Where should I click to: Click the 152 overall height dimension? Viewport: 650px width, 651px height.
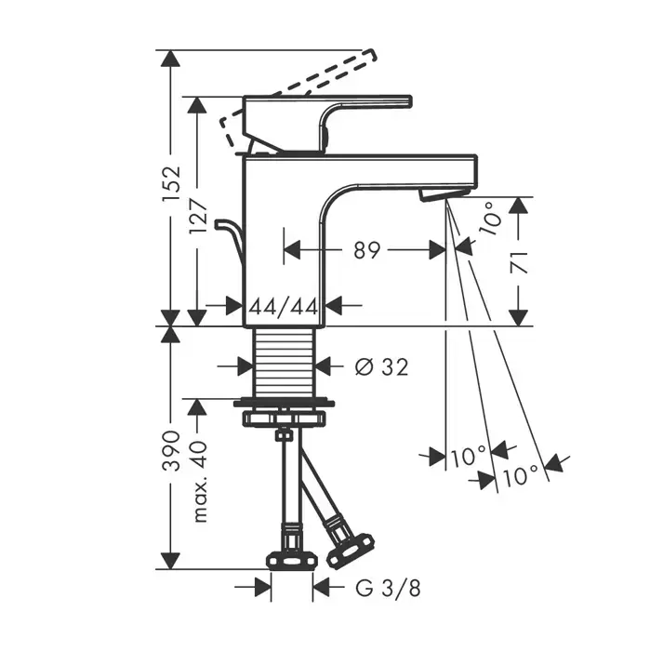pos(172,183)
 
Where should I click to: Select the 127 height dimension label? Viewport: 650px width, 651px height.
pos(198,216)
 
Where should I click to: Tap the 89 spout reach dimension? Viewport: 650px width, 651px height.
pos(367,250)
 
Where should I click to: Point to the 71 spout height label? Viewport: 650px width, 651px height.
pos(519,262)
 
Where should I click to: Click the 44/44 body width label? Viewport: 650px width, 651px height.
pos(284,307)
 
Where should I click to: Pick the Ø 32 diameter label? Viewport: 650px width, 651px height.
pos(382,367)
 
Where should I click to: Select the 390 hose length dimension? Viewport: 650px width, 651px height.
pos(171,450)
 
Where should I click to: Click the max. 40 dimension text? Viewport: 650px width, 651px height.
pos(200,482)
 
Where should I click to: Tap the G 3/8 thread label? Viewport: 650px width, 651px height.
pos(388,589)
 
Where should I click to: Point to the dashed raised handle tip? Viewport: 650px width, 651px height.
pos(370,56)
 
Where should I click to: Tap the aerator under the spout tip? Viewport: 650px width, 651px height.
pos(444,194)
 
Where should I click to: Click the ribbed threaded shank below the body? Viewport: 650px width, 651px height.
pos(285,363)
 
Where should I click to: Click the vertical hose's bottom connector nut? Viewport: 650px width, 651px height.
pos(292,562)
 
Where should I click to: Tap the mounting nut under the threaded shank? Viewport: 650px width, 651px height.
pos(285,417)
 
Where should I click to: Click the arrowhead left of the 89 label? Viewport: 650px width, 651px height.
pos(292,250)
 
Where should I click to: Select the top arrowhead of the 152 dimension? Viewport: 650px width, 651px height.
pos(171,58)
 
